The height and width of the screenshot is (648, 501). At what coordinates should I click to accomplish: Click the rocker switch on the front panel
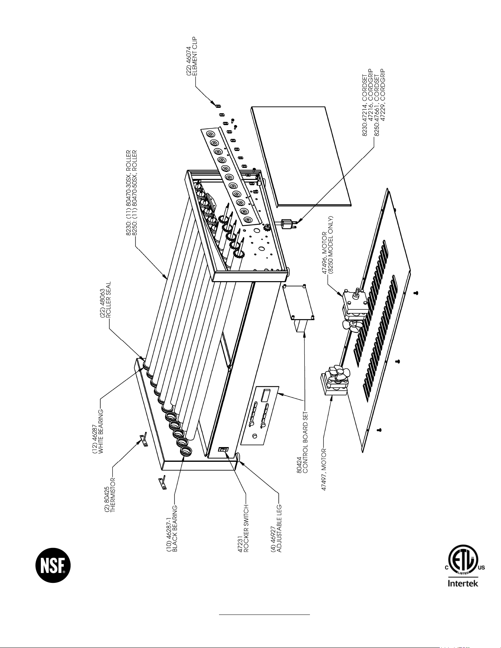click(x=224, y=449)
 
